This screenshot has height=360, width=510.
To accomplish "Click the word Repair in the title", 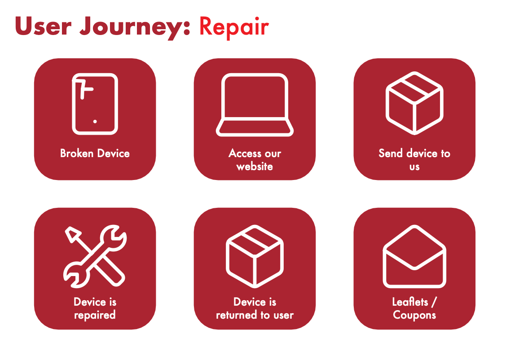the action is click(x=234, y=27).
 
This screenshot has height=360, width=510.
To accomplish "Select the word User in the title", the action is click(x=43, y=26).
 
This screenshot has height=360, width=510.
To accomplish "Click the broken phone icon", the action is click(x=95, y=104).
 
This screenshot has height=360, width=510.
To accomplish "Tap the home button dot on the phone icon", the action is click(x=95, y=122).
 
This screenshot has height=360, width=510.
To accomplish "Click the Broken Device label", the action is click(x=95, y=153).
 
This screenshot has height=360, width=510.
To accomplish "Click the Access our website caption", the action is click(x=255, y=160).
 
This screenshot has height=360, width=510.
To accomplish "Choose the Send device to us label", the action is click(x=414, y=160).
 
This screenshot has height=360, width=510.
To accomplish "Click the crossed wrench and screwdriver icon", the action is click(x=95, y=257).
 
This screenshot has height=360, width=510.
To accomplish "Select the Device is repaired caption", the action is click(x=95, y=308).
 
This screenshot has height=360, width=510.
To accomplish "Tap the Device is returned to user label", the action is click(x=255, y=308).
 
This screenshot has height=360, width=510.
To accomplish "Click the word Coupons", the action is click(x=414, y=315).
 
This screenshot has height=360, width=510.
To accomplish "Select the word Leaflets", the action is click(x=410, y=302).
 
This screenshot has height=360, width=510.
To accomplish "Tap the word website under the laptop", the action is click(x=255, y=167).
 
